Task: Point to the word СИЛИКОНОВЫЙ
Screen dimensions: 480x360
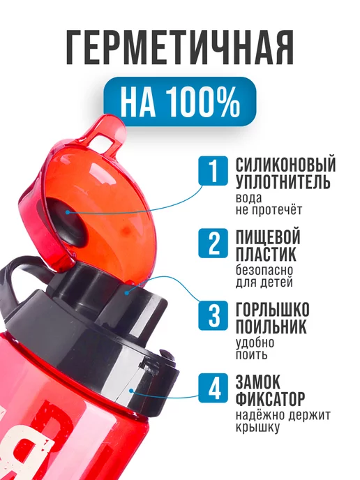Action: pyautogui.click(x=285, y=165)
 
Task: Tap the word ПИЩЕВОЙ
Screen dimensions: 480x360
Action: pyautogui.click(x=267, y=237)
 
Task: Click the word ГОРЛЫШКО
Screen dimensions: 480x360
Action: pyautogui.click(x=272, y=310)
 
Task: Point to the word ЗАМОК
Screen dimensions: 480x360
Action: pyautogui.click(x=258, y=383)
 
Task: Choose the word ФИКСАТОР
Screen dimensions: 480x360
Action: pyautogui.click(x=270, y=400)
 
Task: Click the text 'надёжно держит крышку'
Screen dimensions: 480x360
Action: pyautogui.click(x=283, y=421)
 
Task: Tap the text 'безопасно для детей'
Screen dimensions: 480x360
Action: pyautogui.click(x=264, y=276)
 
